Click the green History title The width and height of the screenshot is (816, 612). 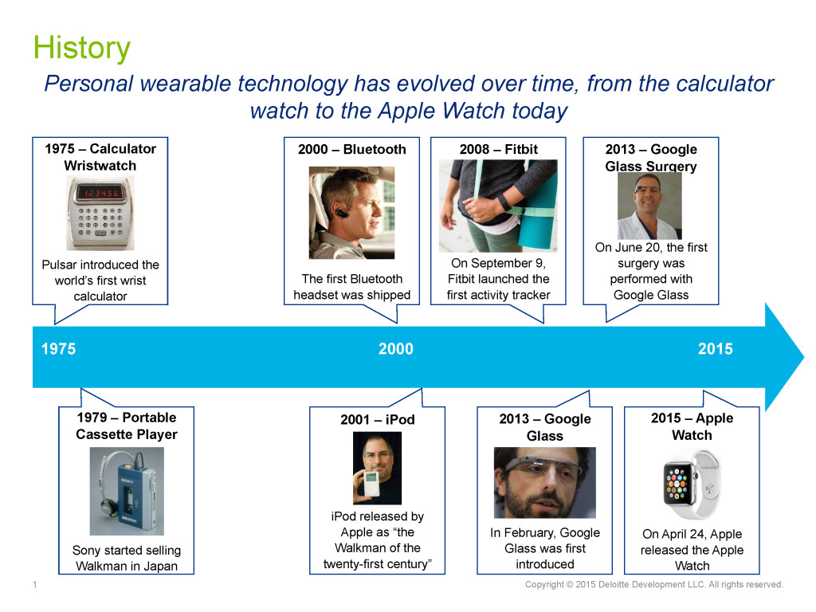[x=82, y=48]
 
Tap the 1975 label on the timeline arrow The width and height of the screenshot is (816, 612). [x=58, y=349]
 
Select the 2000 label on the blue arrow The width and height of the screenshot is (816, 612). [x=395, y=349]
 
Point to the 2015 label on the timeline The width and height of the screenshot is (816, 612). [x=715, y=349]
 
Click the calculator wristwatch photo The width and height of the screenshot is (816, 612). [x=100, y=213]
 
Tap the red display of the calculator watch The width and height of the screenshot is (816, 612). [x=99, y=193]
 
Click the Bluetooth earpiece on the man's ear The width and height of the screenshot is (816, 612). [x=339, y=212]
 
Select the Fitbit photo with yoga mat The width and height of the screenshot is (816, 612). [x=498, y=206]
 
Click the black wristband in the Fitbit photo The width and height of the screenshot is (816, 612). [x=504, y=202]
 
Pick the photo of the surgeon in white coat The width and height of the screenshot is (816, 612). [x=649, y=206]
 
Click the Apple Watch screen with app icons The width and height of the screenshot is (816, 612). [x=677, y=484]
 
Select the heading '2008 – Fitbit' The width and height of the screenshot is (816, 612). [x=499, y=149]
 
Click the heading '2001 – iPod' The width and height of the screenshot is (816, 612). [x=377, y=419]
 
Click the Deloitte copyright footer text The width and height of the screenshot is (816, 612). [x=653, y=584]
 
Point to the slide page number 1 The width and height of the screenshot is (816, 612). [x=35, y=584]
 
